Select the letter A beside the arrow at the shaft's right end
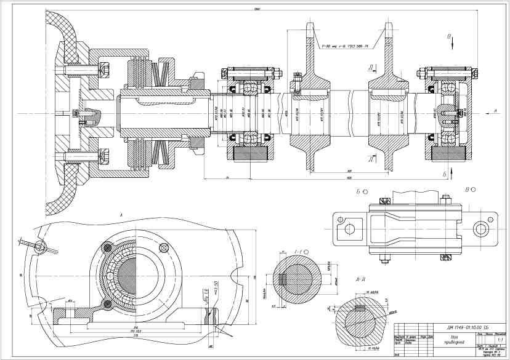(495, 111)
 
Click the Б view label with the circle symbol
(360, 192)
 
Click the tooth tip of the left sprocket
(309, 28)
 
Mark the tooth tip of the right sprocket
(388, 28)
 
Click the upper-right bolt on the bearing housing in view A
(163, 247)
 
